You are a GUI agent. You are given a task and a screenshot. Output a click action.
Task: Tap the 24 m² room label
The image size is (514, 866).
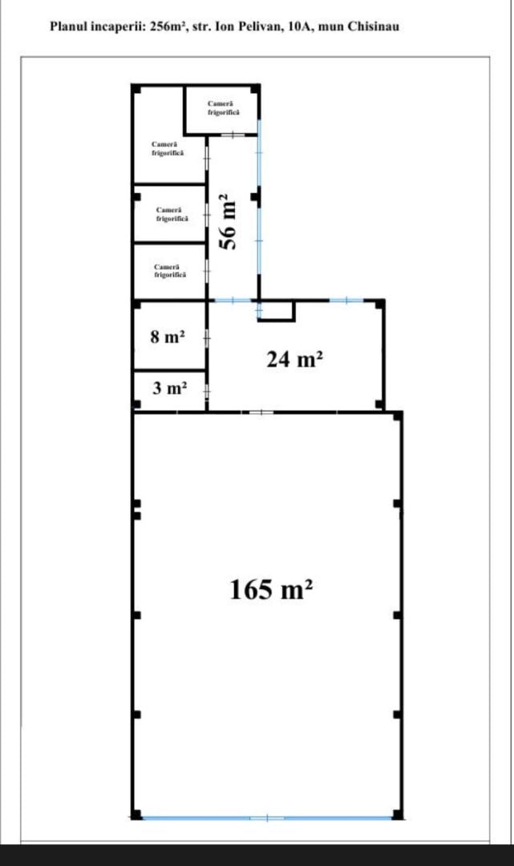[x=294, y=360]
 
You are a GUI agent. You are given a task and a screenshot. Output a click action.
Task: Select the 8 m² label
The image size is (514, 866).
[x=168, y=336]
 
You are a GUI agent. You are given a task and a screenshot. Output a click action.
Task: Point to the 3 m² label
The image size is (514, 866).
[x=169, y=388]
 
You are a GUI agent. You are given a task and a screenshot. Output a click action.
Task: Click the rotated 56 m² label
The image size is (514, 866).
[x=229, y=221]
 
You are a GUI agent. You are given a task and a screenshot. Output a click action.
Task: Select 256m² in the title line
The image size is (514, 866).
[x=168, y=26]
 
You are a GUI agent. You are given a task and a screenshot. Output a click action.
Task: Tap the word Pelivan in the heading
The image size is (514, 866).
[x=261, y=26]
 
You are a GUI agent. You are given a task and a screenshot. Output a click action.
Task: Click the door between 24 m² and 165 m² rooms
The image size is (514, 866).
[x=261, y=412]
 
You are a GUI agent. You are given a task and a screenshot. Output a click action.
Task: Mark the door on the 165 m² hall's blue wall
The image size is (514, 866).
[x=267, y=818]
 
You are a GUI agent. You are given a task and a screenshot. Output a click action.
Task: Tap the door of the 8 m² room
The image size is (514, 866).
[x=207, y=336]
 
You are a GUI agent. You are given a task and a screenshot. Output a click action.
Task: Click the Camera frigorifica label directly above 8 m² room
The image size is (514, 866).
[x=170, y=271]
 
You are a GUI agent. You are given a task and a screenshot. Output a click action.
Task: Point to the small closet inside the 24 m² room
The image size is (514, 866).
[x=276, y=311]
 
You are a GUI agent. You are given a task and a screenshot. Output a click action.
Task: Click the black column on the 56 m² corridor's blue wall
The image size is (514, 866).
[x=254, y=196]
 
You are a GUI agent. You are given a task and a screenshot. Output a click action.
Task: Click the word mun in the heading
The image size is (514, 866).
[x=330, y=26]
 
